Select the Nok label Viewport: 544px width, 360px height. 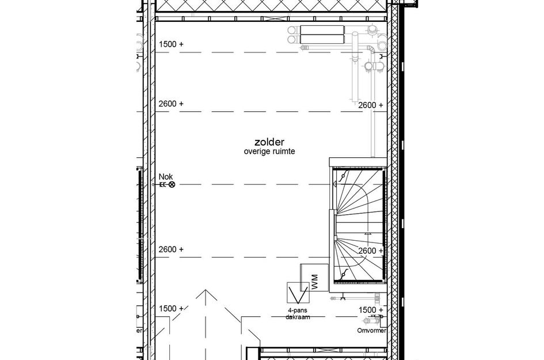[165, 177]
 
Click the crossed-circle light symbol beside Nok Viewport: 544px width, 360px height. [172, 185]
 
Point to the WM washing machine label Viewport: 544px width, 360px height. [314, 282]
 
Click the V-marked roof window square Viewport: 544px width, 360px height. [298, 293]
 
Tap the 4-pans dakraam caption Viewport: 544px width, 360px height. [298, 314]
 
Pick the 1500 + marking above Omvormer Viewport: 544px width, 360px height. [371, 310]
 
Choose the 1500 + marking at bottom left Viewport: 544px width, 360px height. [170, 309]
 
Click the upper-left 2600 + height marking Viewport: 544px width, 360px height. [170, 104]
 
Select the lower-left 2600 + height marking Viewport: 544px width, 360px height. [170, 249]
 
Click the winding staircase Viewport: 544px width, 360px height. [357, 225]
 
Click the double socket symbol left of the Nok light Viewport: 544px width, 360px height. [162, 185]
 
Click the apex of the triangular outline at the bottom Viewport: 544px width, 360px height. [203, 291]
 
